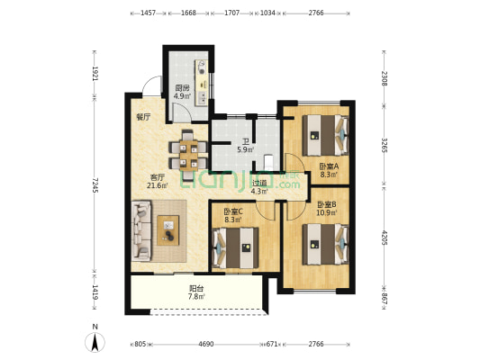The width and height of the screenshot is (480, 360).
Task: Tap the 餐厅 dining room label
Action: (x=142, y=117)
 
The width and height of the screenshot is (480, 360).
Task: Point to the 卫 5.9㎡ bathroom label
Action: (x=245, y=145)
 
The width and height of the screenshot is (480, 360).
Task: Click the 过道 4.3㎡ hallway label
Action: (x=259, y=185)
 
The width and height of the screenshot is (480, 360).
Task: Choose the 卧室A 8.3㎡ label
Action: (x=329, y=171)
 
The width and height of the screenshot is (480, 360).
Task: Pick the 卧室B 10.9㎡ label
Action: (x=327, y=209)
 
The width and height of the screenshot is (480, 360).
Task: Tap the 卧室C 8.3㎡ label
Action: (x=234, y=214)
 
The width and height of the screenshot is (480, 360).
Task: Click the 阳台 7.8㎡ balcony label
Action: (x=196, y=292)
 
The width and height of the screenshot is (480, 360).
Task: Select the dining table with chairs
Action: (x=188, y=152)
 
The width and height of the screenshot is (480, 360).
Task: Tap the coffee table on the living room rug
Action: (x=168, y=230)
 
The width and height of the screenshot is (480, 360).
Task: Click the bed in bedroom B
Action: (x=325, y=243)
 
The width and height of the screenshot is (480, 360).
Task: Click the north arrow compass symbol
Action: (x=95, y=341)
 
